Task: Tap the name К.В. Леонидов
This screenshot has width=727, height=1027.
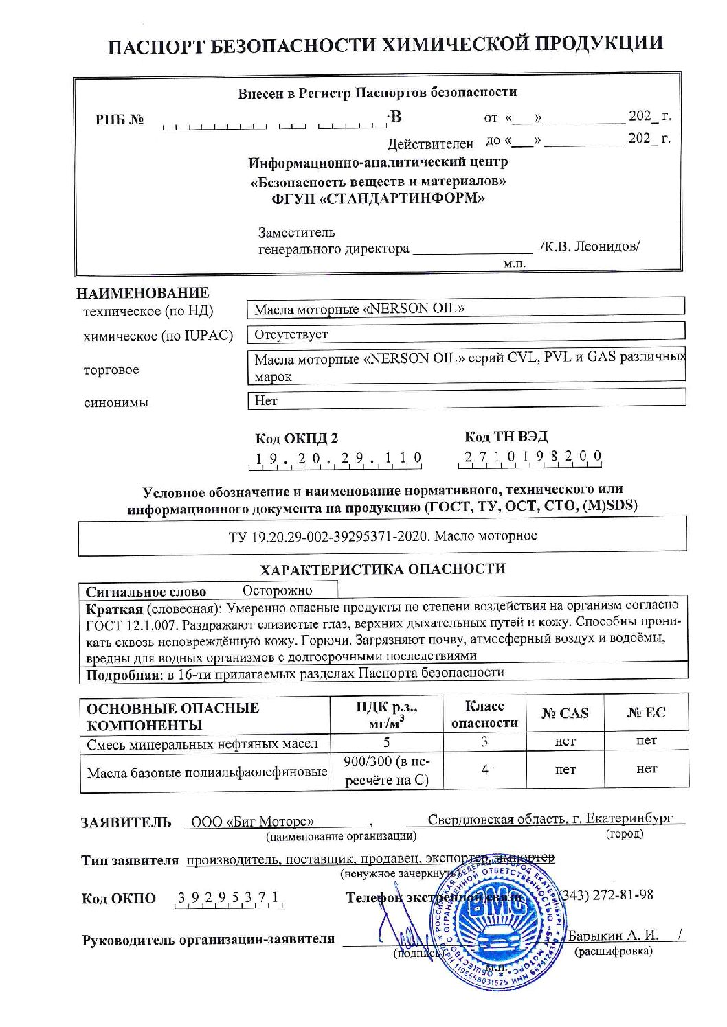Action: (589, 246)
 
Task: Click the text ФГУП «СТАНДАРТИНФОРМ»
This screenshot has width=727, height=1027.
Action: (378, 199)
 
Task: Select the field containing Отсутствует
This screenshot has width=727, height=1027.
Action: (465, 334)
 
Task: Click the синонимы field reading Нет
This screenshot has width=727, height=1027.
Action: (465, 400)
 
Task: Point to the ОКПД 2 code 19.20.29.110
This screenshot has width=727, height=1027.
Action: (337, 459)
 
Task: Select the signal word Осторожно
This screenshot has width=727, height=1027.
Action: (277, 590)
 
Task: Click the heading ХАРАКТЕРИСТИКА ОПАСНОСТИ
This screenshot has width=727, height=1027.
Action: (382, 569)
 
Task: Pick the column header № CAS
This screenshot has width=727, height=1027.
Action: (564, 713)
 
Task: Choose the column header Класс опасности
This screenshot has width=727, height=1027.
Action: (484, 714)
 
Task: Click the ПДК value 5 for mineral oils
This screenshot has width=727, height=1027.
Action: (386, 742)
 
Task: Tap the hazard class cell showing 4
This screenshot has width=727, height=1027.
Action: (484, 770)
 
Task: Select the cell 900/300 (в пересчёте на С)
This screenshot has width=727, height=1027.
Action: (386, 770)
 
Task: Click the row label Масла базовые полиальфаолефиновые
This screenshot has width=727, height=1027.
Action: (206, 772)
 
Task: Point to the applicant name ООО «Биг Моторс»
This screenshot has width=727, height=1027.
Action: (252, 822)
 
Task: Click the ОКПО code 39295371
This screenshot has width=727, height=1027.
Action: (227, 898)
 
